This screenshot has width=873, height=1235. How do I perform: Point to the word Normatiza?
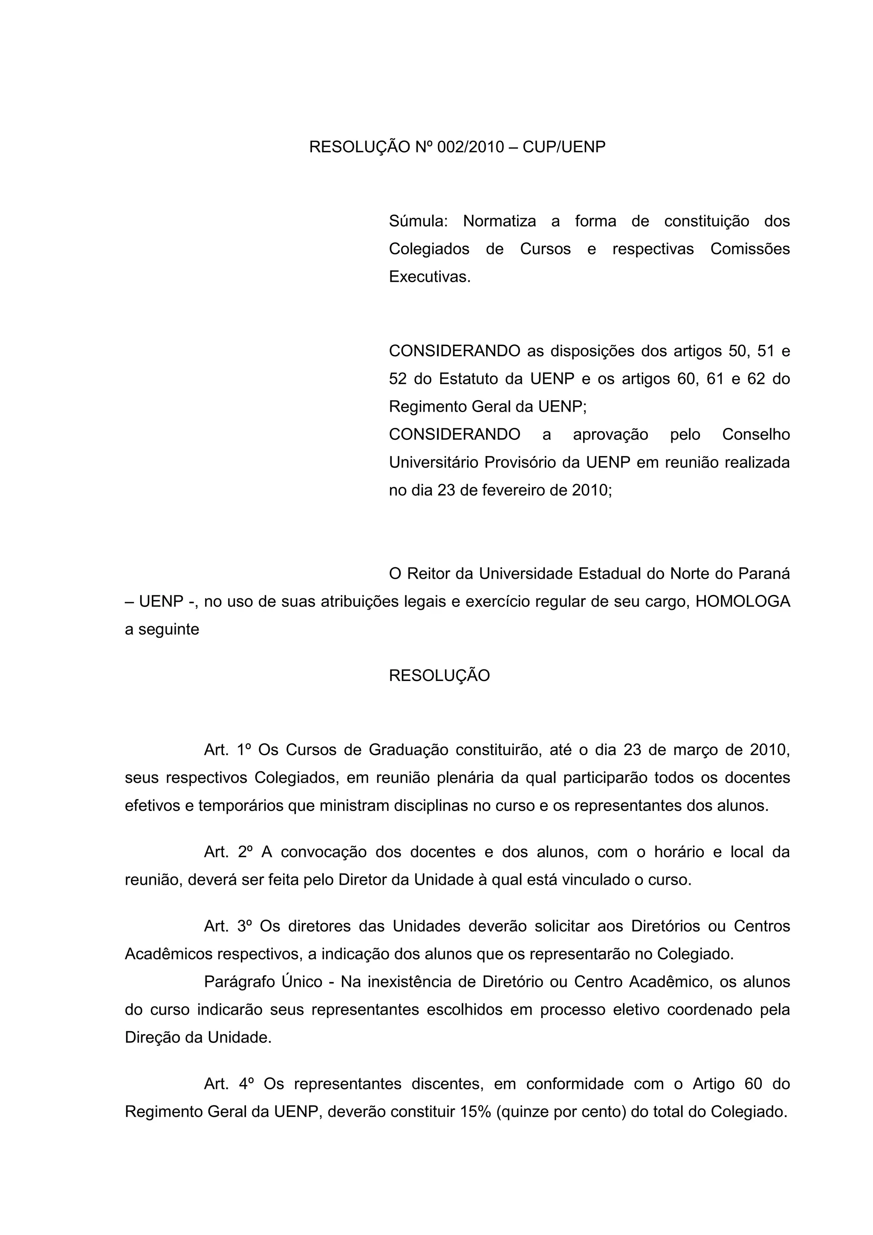point(499,221)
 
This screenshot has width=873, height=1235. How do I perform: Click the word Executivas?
point(429,277)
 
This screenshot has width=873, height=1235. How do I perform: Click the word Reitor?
point(429,574)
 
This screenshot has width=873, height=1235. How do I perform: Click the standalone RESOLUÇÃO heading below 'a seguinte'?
point(439,675)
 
